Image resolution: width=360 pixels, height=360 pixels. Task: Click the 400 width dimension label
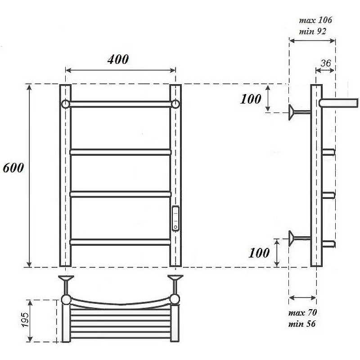coord(118,59)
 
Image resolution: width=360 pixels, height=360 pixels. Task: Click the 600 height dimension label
coord(13,168)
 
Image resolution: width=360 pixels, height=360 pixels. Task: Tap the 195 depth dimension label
coord(26,320)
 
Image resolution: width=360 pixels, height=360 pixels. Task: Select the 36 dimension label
coord(325,63)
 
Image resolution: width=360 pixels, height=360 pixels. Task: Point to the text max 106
coord(315,20)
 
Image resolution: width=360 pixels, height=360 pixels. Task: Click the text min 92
coord(312,31)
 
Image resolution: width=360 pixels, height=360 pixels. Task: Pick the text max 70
coord(302,312)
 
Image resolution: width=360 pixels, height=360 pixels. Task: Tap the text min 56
coord(302,324)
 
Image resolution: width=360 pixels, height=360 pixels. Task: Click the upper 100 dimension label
coord(251,99)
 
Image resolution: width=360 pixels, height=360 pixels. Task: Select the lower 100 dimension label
coord(259,253)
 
